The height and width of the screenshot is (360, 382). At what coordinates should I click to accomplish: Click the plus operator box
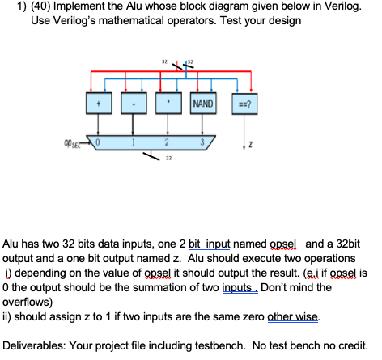[x=100, y=104]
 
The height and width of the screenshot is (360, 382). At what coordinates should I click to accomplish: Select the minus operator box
[x=133, y=104]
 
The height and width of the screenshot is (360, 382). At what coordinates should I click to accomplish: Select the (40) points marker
[x=29, y=9]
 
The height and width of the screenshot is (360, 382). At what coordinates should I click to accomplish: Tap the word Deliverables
[x=40, y=345]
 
